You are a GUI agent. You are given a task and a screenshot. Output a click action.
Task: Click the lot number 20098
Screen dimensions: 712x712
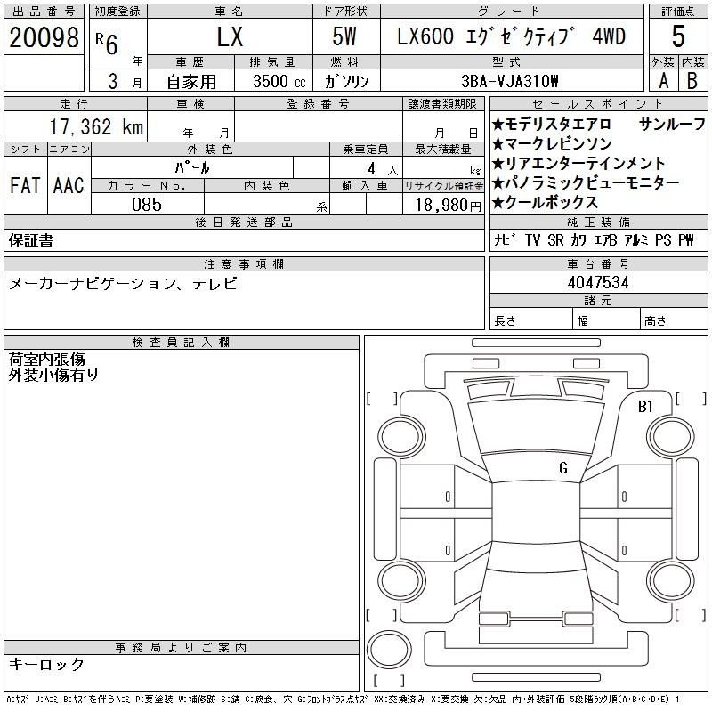pyautogui.click(x=44, y=37)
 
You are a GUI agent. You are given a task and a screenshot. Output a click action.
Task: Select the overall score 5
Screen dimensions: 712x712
pyautogui.click(x=678, y=36)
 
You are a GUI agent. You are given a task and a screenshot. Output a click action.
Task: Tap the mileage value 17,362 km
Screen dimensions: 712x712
pyautogui.click(x=96, y=126)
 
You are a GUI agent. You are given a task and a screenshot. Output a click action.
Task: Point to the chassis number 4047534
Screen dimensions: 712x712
pyautogui.click(x=598, y=282)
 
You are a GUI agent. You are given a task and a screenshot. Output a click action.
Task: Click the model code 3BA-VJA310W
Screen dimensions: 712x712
pyautogui.click(x=509, y=81)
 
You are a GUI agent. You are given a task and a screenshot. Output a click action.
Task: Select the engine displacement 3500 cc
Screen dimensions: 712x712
pyautogui.click(x=279, y=81)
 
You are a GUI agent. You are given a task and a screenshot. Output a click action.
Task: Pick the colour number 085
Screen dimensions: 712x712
pyautogui.click(x=147, y=205)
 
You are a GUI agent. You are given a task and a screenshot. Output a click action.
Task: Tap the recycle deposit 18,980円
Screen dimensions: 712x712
pyautogui.click(x=449, y=206)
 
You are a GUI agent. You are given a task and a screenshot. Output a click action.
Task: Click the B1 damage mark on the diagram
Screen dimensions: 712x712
pyautogui.click(x=645, y=407)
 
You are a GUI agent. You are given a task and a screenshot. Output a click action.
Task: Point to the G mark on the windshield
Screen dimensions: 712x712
pyautogui.click(x=563, y=467)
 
